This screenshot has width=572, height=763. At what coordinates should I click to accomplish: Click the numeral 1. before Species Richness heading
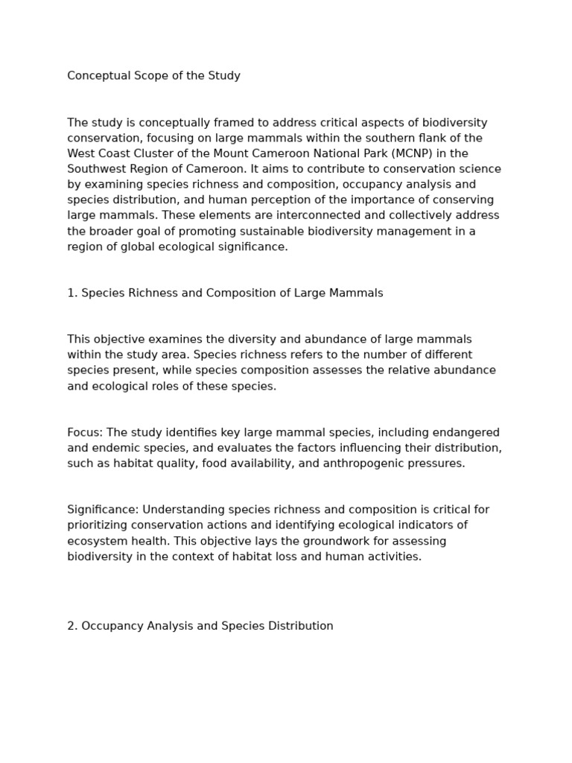click(x=72, y=294)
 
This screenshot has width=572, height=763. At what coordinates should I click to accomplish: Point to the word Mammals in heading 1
click(x=358, y=294)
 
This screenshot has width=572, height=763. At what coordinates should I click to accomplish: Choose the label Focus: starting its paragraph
click(x=86, y=433)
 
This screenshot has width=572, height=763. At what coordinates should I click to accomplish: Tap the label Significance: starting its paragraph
click(x=103, y=510)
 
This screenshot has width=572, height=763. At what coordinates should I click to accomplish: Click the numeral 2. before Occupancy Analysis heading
click(x=72, y=626)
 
